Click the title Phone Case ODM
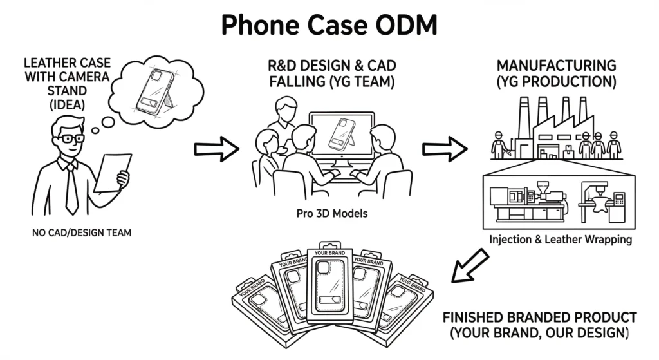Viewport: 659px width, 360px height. (329, 25)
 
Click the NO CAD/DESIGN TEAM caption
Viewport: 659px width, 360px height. (80, 232)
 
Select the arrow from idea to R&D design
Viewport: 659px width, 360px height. (216, 149)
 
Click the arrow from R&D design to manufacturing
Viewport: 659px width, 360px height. (444, 149)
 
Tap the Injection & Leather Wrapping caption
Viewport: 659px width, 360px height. (561, 240)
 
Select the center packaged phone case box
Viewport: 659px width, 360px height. (331, 284)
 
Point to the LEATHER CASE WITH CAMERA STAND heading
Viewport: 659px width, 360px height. (67, 84)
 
